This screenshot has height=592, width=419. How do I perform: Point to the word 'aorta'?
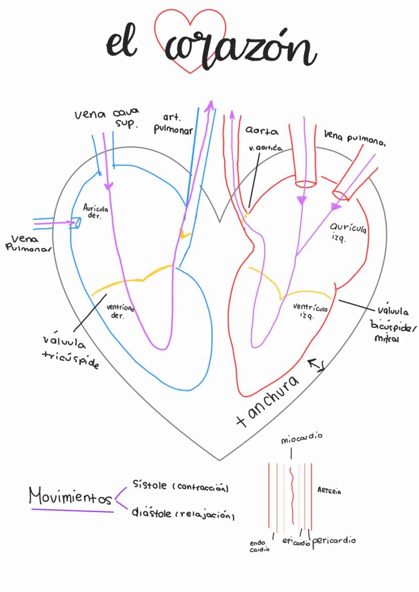(262, 131)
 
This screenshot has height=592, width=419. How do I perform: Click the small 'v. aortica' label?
(266, 148)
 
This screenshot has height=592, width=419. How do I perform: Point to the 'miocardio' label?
(302, 438)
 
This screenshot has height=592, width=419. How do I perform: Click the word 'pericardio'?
(333, 540)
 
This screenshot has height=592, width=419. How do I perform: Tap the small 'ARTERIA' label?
(329, 491)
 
